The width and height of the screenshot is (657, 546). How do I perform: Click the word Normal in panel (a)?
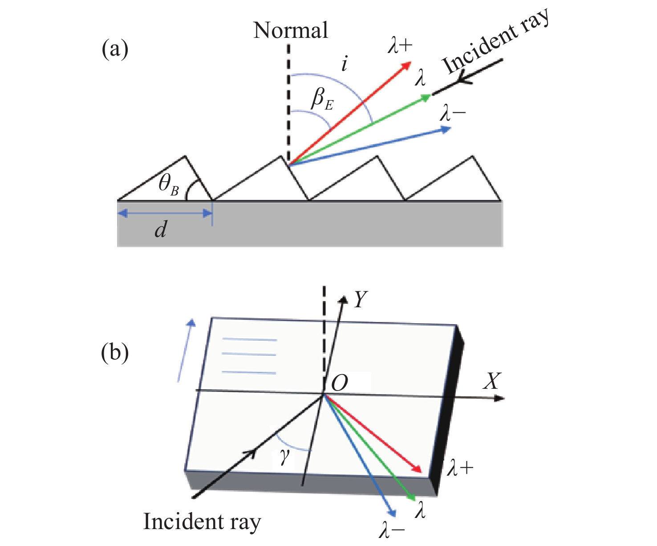click(x=291, y=30)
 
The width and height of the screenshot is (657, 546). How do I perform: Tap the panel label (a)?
click(x=115, y=49)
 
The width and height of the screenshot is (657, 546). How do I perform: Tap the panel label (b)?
click(x=115, y=353)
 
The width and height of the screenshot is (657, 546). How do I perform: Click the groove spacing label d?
click(x=161, y=230)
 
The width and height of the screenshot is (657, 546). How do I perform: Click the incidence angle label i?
click(x=344, y=65)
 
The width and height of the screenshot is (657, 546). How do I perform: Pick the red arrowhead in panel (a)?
click(x=406, y=66)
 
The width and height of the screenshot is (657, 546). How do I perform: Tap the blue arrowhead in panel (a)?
click(x=446, y=129)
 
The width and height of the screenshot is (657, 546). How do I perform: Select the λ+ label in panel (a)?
click(x=400, y=45)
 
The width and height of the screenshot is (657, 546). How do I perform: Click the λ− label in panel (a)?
click(x=452, y=113)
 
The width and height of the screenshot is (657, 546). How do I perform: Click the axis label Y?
click(x=360, y=299)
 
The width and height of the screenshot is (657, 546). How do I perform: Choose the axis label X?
click(x=492, y=381)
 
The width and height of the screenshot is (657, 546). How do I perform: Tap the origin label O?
click(x=340, y=383)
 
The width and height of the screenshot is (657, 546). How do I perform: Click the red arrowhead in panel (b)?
click(x=417, y=469)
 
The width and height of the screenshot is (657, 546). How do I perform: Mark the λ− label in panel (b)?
click(x=392, y=530)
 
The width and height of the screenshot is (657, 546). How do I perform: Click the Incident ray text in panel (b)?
click(x=202, y=522)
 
